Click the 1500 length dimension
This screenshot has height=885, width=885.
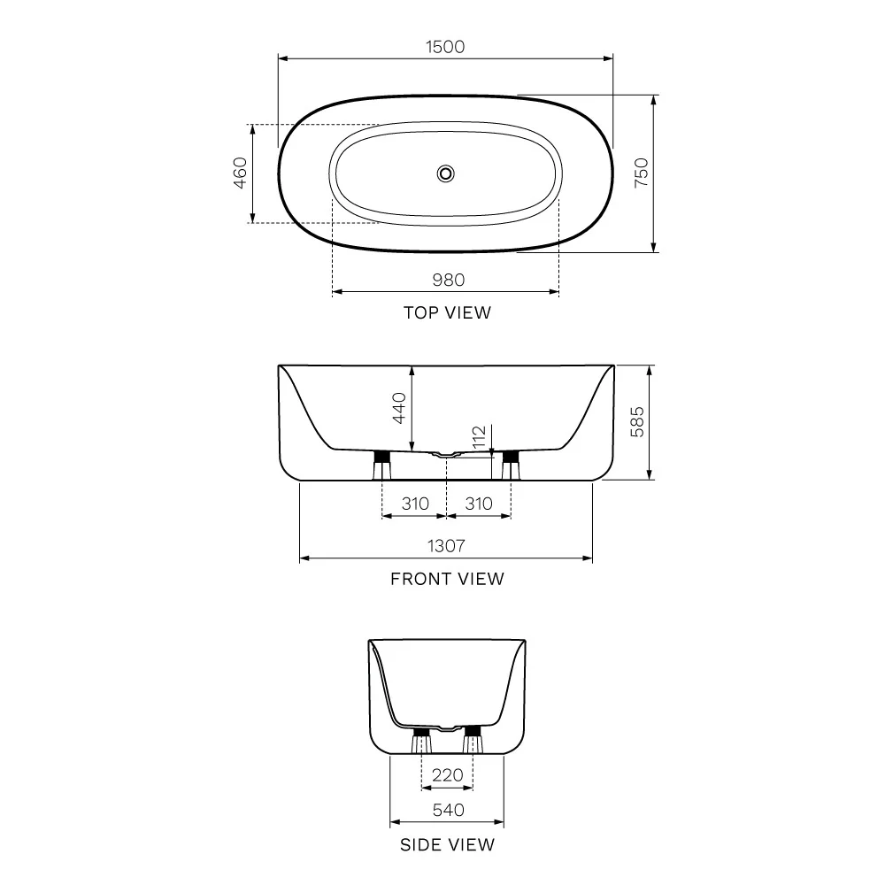coord(445,47)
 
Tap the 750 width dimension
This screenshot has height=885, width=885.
coord(642,173)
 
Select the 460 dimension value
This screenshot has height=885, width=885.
coord(240,173)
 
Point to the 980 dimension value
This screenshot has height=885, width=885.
coord(449,280)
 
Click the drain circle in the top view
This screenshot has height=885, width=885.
coord(446,173)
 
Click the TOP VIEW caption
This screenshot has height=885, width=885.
coord(447,312)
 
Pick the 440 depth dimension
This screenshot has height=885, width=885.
coord(399,408)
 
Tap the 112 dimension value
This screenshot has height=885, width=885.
coord(479,438)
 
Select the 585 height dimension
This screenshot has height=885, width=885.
coord(637,421)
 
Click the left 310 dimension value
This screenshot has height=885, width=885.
coord(415,504)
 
